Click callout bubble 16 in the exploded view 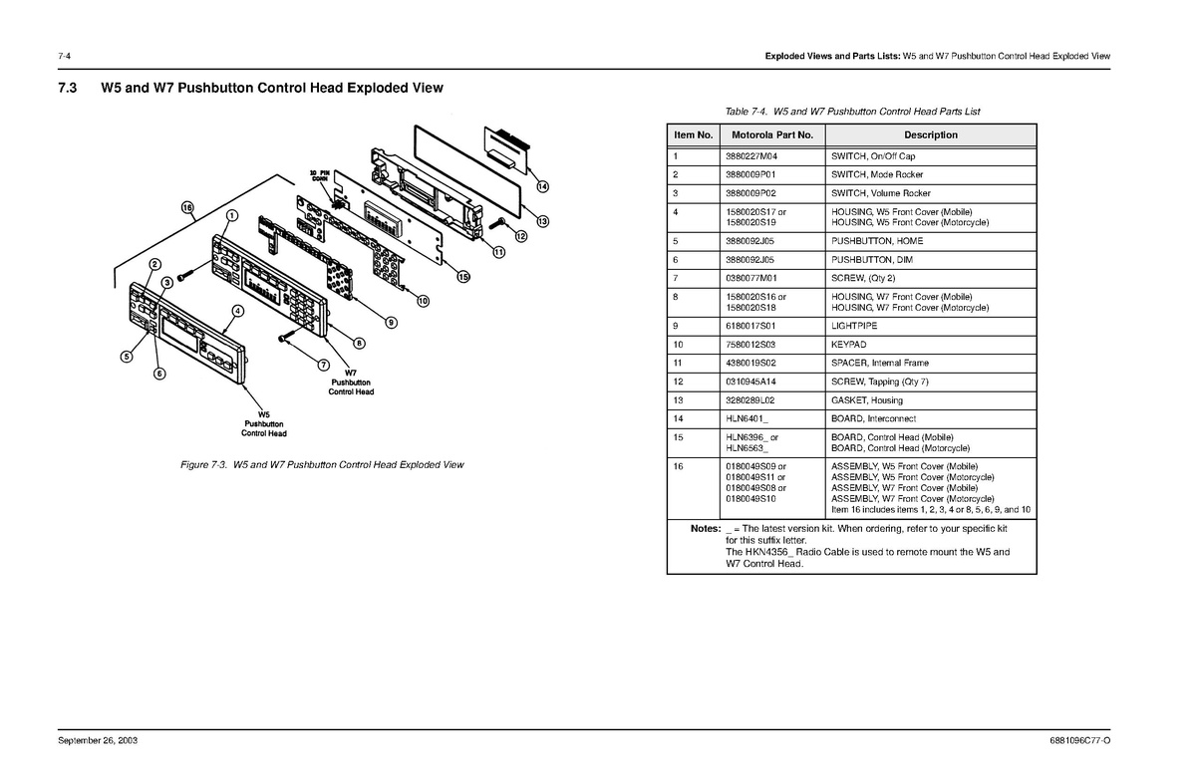tap(187, 207)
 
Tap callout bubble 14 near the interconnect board tap(542, 186)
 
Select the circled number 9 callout tap(392, 322)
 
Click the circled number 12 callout tap(521, 236)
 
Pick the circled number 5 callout tap(128, 356)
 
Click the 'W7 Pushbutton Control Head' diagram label tap(351, 383)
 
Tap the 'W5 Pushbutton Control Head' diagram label tap(264, 423)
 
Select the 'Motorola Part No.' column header tap(772, 134)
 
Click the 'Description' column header tap(931, 134)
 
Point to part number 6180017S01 tap(753, 326)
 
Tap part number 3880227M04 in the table tap(753, 156)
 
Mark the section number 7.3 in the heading tap(68, 89)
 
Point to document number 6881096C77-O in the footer tap(1079, 743)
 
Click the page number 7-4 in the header tap(65, 55)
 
